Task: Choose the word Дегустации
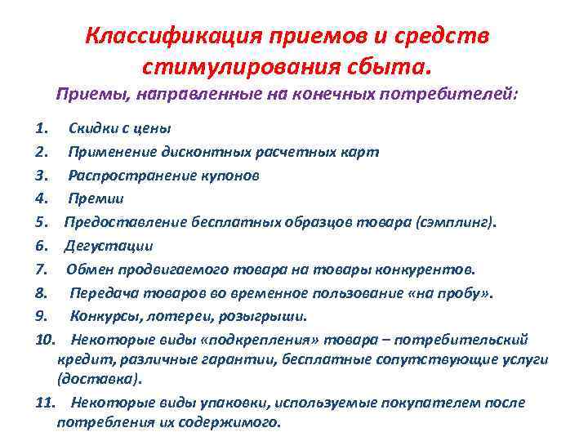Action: [x=109, y=245]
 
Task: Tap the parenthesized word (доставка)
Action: [x=99, y=378]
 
